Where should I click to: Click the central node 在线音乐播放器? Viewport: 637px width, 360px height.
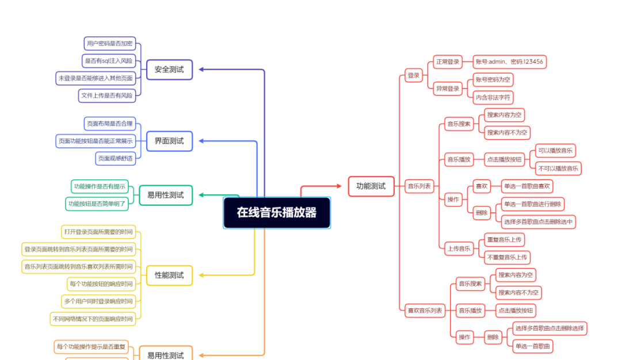(277, 212)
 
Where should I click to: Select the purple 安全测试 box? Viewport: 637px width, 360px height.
(169, 70)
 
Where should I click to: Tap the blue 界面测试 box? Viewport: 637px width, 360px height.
(169, 141)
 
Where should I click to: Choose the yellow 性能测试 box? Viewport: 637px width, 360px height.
(169, 275)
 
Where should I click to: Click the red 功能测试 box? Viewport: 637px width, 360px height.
(371, 186)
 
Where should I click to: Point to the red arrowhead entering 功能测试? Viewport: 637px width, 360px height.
(340, 186)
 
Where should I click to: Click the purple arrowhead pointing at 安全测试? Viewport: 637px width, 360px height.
(201, 70)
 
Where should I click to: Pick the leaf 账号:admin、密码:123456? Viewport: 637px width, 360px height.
(509, 62)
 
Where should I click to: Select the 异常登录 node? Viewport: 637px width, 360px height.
(448, 89)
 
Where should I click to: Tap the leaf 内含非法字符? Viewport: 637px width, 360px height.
(493, 98)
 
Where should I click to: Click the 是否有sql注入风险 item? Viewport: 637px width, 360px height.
(108, 61)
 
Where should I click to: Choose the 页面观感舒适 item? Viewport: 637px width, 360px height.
(116, 158)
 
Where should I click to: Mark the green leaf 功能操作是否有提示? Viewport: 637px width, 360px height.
(99, 186)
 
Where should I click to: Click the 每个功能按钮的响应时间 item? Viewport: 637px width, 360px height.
(100, 284)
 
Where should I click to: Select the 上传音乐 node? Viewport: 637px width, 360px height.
(459, 248)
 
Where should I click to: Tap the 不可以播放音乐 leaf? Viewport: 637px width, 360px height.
(558, 168)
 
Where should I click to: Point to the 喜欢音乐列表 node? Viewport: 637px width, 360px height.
(425, 311)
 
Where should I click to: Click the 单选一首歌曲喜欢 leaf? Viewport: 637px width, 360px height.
(527, 186)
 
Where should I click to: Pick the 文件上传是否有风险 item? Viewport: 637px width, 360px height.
(107, 95)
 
